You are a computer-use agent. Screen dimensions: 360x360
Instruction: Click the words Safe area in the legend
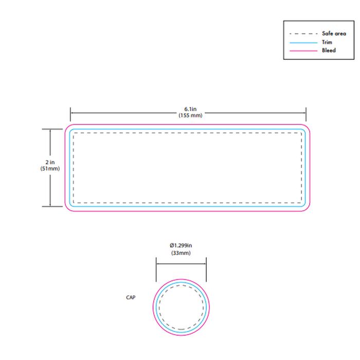click(x=334, y=33)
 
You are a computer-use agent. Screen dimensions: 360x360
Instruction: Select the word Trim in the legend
click(x=327, y=42)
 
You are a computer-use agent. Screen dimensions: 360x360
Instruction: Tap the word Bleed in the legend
click(x=329, y=50)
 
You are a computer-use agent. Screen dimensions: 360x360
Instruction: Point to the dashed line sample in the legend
click(x=303, y=34)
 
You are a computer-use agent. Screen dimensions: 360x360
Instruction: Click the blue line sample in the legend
click(x=303, y=43)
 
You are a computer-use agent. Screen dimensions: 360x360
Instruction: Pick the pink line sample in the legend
click(x=303, y=50)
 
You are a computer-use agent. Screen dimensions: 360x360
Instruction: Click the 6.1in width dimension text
click(x=190, y=109)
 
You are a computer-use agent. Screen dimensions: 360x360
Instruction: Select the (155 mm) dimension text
click(x=190, y=115)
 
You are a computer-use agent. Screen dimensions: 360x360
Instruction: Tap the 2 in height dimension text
click(x=50, y=163)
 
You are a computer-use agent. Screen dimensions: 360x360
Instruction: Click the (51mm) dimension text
click(x=50, y=169)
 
